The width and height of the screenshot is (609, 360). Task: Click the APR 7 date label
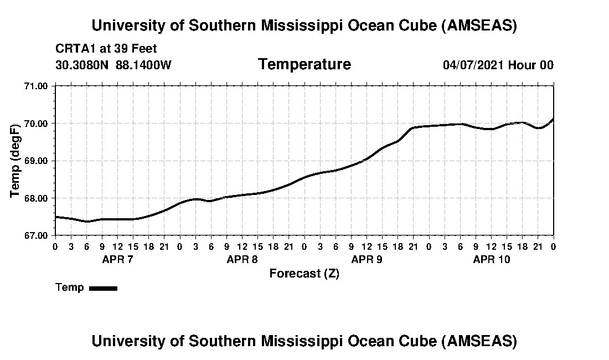pyautogui.click(x=117, y=259)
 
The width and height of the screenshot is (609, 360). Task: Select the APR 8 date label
pyautogui.click(x=242, y=259)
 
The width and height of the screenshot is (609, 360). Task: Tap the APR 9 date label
pyautogui.click(x=367, y=259)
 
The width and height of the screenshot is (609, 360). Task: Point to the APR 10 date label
pyautogui.click(x=492, y=259)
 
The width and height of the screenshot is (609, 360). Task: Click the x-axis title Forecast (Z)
pyautogui.click(x=304, y=274)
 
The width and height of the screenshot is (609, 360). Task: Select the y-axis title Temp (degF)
pyautogui.click(x=16, y=161)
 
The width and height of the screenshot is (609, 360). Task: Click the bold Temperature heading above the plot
pyautogui.click(x=304, y=64)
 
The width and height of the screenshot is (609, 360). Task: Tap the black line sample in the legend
pyautogui.click(x=103, y=288)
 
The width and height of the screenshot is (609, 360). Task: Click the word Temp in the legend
pyautogui.click(x=70, y=287)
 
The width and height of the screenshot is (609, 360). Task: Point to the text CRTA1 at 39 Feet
pyautogui.click(x=106, y=49)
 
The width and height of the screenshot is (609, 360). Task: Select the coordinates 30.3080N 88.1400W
pyautogui.click(x=113, y=65)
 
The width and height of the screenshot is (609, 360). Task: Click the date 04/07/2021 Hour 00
pyautogui.click(x=498, y=65)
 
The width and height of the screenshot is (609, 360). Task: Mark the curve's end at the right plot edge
pyautogui.click(x=553, y=119)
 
